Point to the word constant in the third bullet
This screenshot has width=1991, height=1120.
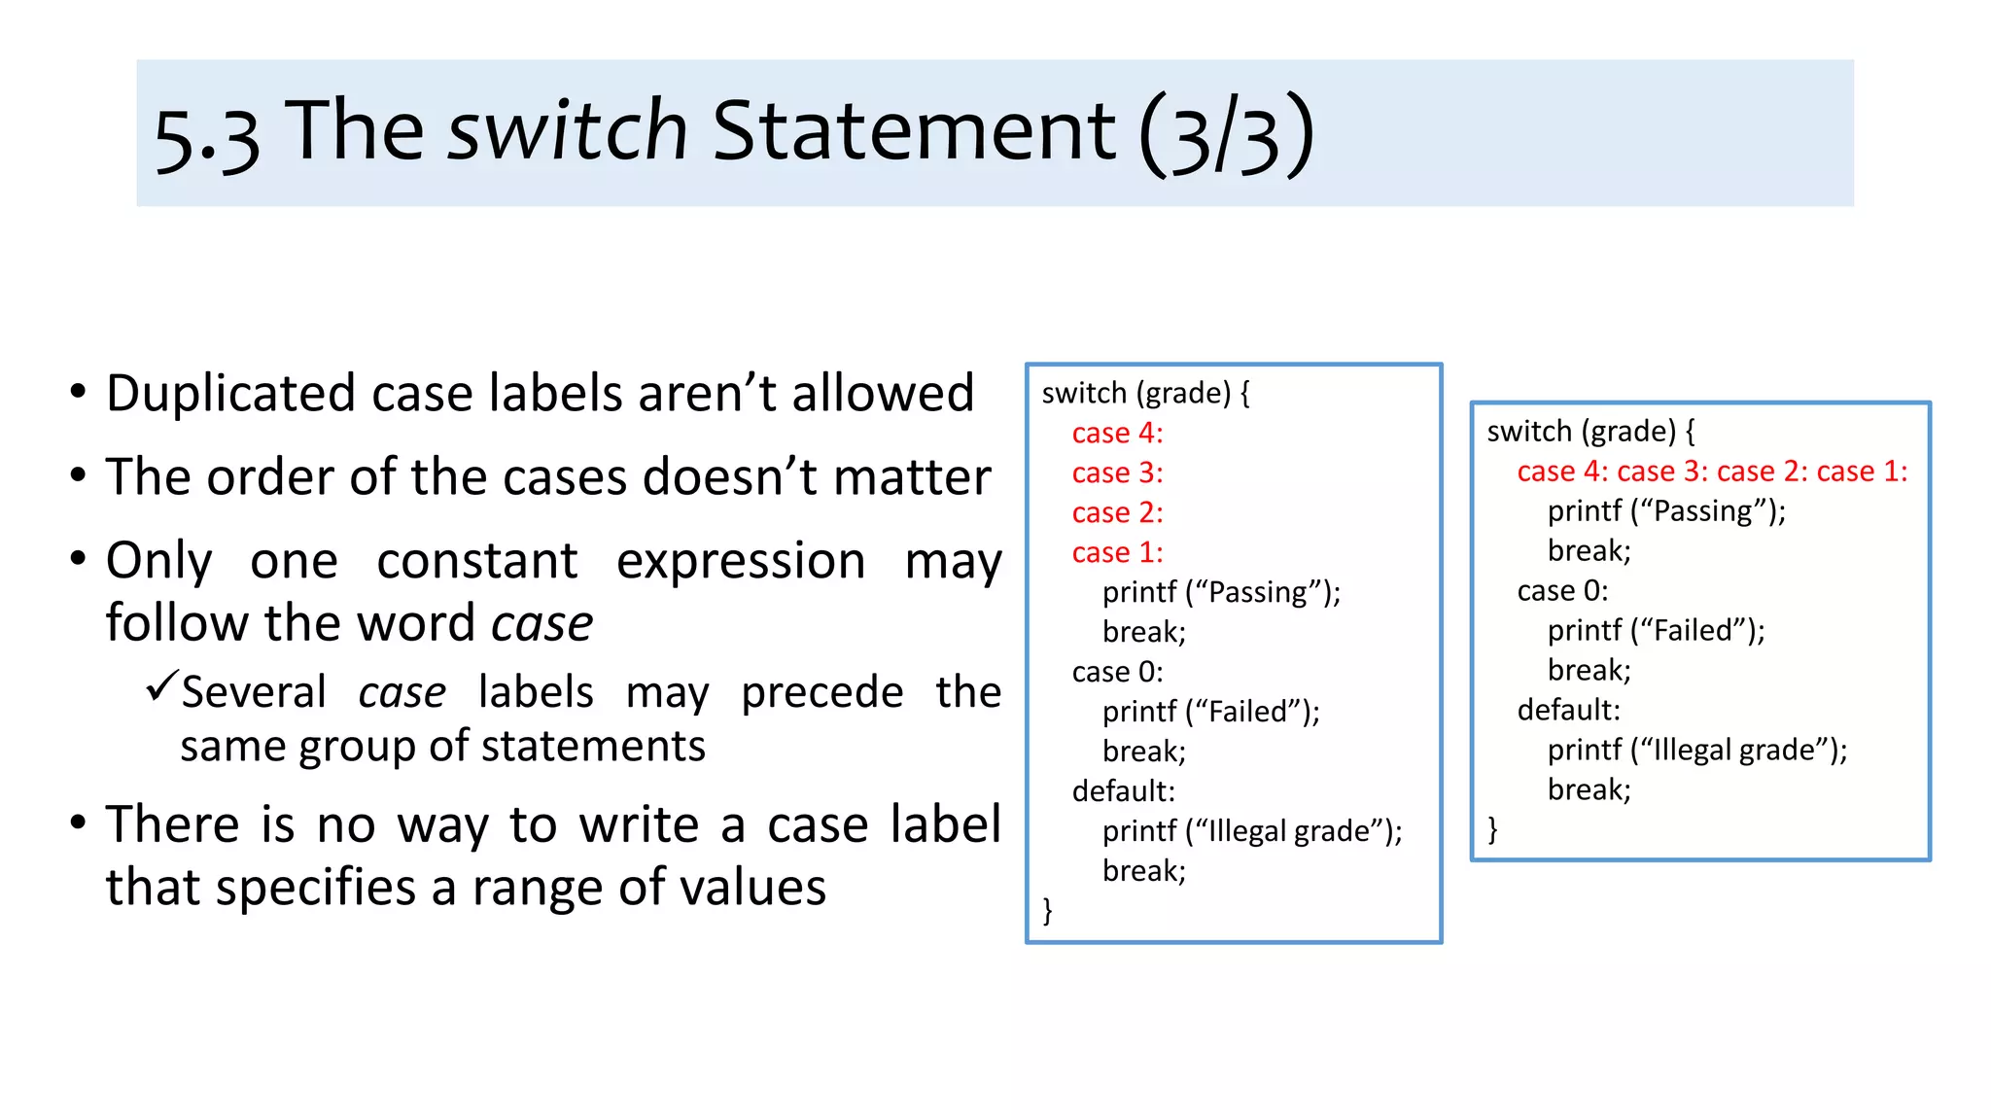click(x=477, y=561)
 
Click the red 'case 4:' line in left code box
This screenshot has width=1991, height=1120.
click(x=1117, y=433)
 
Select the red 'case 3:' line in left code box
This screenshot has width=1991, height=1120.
click(x=1117, y=472)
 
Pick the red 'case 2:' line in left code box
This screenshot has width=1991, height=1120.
click(x=1117, y=512)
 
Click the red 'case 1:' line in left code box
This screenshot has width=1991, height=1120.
click(x=1117, y=552)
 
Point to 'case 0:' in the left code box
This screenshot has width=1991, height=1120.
click(x=1117, y=672)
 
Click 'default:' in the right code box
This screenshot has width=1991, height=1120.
click(x=1568, y=710)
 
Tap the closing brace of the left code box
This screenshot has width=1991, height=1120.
click(x=1047, y=910)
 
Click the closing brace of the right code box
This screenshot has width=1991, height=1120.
click(x=1492, y=829)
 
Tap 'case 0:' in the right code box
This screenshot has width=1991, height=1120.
click(x=1562, y=590)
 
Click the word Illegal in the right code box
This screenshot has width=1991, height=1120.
click(x=1693, y=750)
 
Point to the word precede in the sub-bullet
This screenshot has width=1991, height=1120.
click(x=821, y=693)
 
